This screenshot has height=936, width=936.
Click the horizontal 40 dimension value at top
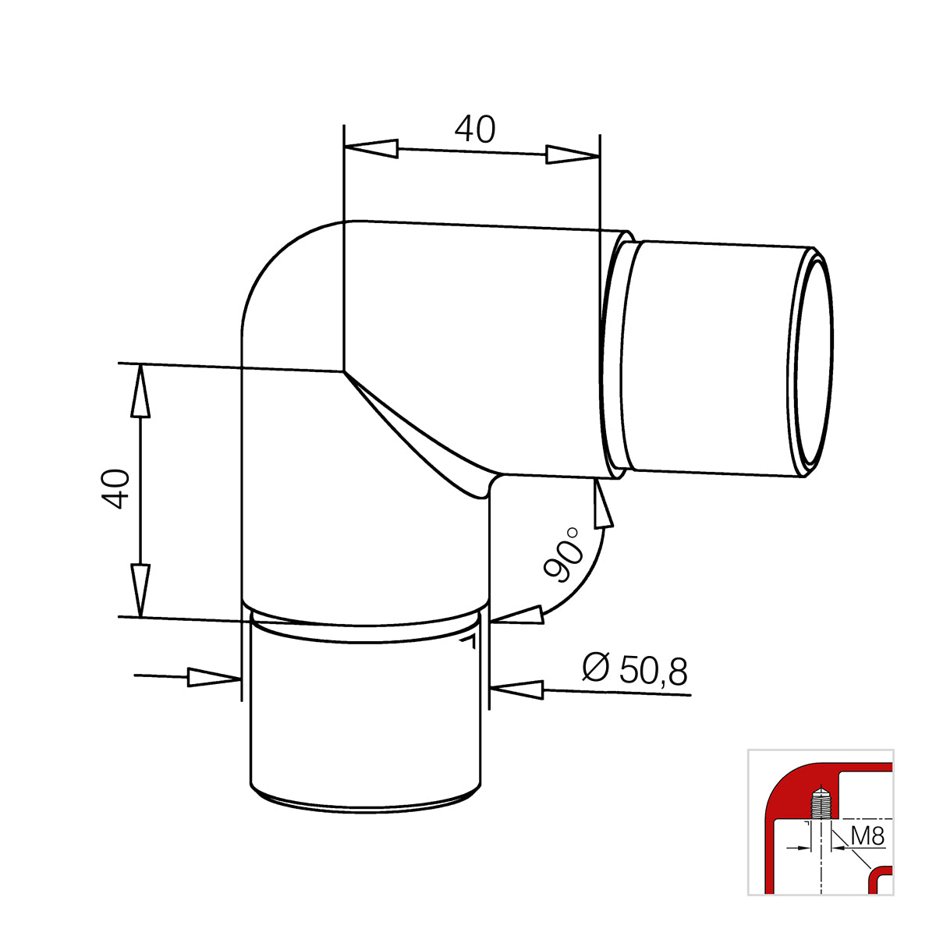coord(475,129)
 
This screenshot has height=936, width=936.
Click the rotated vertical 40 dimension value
coord(116,489)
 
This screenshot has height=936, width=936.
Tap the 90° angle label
coord(563,555)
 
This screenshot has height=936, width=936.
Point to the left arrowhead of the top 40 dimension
coord(371,148)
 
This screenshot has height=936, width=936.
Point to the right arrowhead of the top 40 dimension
coord(573,154)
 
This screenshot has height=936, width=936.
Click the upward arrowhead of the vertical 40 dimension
coord(140,391)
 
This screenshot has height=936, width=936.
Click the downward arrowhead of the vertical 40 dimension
coord(140,590)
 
